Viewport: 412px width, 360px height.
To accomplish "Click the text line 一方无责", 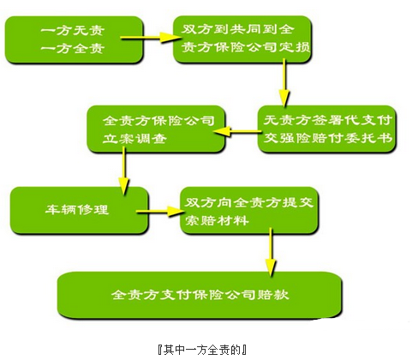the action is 73,30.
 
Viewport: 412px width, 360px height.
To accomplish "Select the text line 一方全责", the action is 73,48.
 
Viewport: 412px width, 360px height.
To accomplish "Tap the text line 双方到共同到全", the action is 238,29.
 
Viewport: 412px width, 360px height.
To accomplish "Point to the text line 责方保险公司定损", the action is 246,47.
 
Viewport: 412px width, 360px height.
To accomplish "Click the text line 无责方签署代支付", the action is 327,120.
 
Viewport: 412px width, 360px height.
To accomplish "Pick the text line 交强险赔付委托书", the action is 327,138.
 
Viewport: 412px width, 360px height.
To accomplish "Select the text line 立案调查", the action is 134,139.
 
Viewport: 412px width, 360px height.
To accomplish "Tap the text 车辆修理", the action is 77,209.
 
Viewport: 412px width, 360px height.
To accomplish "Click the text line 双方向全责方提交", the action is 248,203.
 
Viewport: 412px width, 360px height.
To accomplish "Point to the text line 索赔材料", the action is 217,220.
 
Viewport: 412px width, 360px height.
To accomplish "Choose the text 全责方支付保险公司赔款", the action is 200,295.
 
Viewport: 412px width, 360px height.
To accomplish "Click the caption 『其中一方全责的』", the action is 202,350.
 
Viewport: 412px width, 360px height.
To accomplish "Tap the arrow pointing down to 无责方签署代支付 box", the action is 284,82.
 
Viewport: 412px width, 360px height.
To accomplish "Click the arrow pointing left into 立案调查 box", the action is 237,131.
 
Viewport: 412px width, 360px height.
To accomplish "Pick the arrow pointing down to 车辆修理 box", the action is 124,171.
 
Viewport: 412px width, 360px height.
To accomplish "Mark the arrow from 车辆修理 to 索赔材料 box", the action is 160,212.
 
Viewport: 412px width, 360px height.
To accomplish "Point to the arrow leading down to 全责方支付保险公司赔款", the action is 271,252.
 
